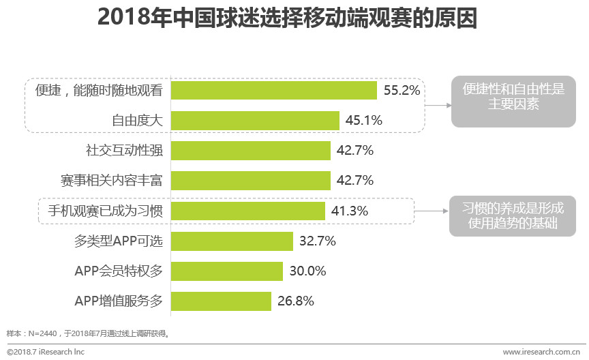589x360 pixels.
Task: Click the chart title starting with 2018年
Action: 287,18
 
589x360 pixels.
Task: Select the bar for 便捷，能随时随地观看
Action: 273,91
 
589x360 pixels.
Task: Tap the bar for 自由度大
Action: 255,121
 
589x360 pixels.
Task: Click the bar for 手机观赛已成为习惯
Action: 248,211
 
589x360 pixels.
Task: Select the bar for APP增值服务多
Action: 221,301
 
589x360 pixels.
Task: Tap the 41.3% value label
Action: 350,211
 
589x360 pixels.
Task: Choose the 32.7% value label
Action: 318,241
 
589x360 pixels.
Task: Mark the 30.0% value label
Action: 307,271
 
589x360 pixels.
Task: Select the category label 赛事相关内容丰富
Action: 112,181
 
